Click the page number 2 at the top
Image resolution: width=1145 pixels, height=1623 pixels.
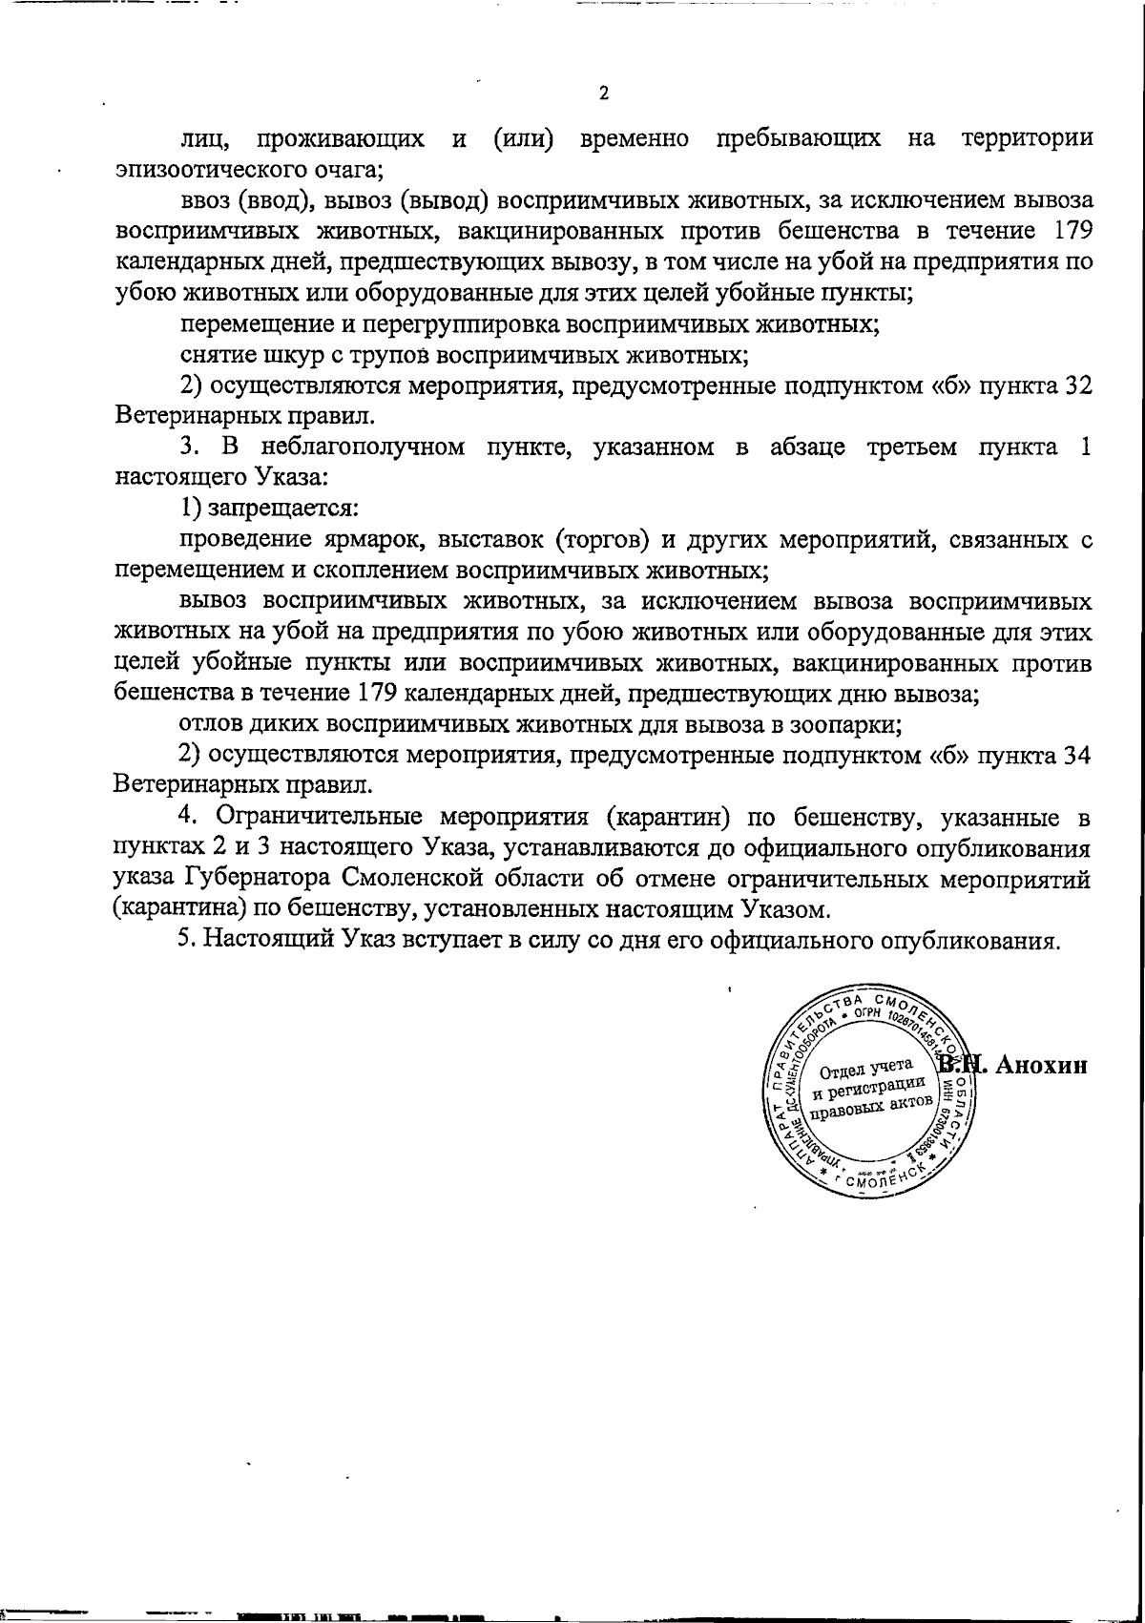pyautogui.click(x=602, y=94)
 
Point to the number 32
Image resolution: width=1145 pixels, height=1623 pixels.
pyautogui.click(x=1076, y=385)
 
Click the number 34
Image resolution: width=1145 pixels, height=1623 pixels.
pyautogui.click(x=1076, y=756)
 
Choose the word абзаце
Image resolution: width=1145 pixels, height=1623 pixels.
pyautogui.click(x=807, y=447)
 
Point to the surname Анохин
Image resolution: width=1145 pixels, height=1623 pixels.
pyautogui.click(x=1043, y=1066)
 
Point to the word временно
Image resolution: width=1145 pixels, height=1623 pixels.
pyautogui.click(x=635, y=139)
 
